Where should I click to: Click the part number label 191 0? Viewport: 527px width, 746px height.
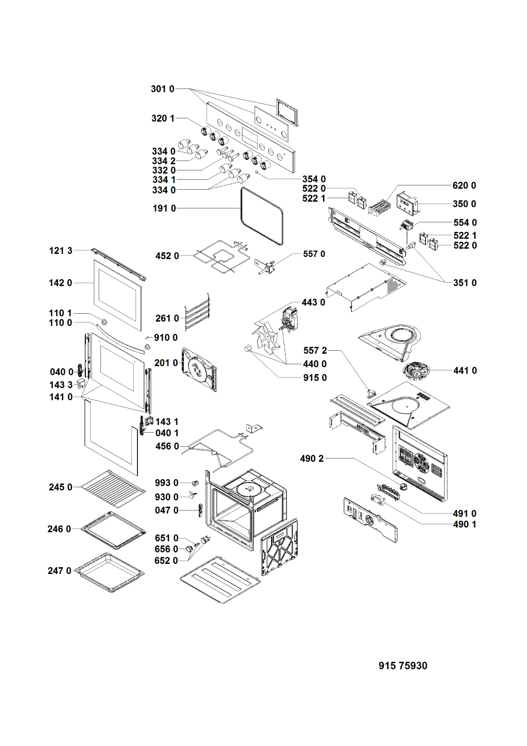click(164, 208)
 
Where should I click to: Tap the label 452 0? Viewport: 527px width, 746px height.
click(167, 256)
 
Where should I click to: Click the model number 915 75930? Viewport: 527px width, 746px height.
click(402, 666)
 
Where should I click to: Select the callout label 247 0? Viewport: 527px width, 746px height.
click(59, 571)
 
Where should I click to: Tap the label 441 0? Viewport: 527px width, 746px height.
click(465, 370)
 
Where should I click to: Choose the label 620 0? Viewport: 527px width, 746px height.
click(464, 185)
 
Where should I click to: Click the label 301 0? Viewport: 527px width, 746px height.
click(162, 89)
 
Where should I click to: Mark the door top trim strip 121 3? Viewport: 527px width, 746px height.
click(118, 264)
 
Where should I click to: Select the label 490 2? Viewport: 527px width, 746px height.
click(312, 459)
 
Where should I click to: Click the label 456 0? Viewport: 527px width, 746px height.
click(167, 446)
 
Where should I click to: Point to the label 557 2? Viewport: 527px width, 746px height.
click(315, 351)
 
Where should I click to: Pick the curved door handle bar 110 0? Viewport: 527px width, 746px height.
click(120, 338)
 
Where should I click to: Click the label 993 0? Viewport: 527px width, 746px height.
click(166, 483)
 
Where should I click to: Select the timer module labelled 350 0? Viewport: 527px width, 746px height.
click(408, 203)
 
